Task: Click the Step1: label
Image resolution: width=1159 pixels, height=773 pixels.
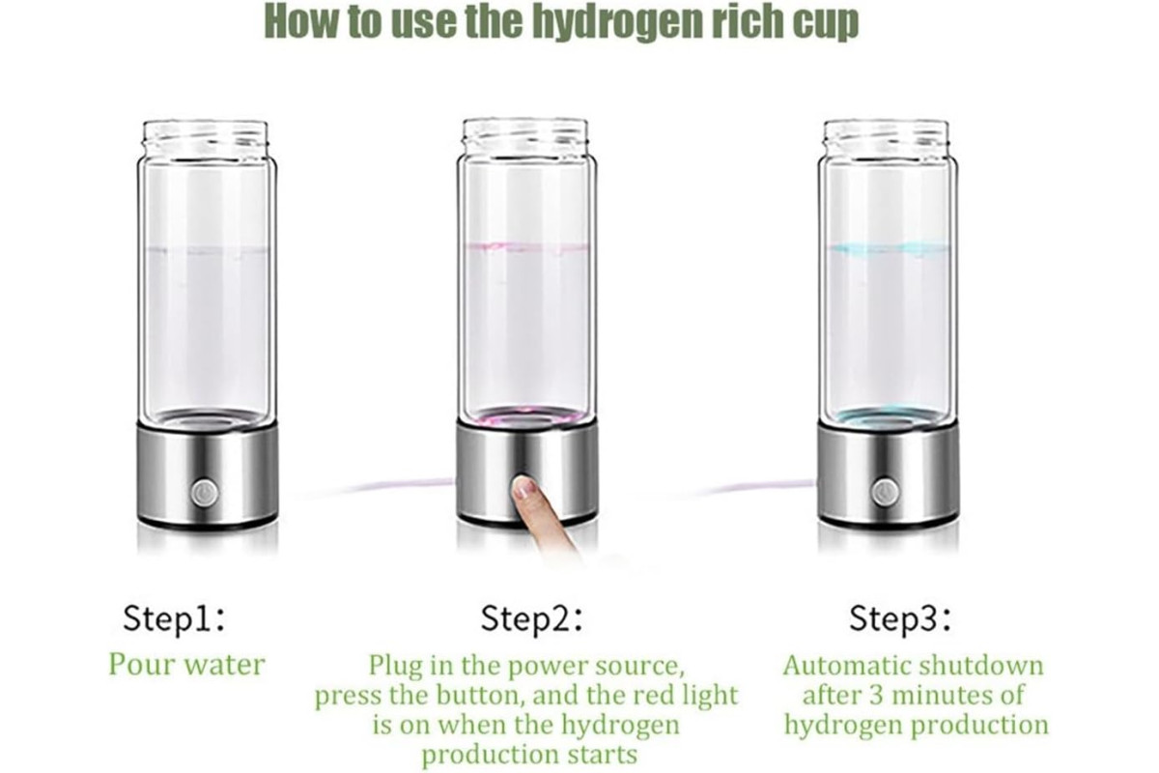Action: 174,618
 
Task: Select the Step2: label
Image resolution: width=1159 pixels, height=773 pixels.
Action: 531,618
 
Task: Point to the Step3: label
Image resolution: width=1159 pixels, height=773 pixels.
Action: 900,618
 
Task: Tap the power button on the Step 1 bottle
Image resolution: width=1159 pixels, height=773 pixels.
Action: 205,493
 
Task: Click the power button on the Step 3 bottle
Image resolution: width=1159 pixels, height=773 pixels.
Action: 885,493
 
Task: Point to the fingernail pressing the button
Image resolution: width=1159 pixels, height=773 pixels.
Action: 525,487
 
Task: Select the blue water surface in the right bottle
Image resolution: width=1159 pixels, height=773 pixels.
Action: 887,248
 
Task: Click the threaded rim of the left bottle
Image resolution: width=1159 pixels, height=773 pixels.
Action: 206,134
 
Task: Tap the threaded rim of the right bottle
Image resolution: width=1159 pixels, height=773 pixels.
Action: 886,134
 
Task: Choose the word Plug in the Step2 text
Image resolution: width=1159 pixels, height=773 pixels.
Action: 395,667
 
